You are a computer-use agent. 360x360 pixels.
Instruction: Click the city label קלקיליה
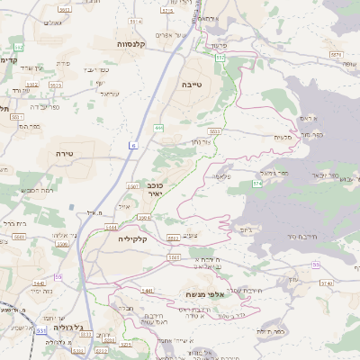pyautogui.click(x=131, y=239)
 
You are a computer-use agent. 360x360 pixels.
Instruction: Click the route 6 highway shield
pyautogui.click(x=133, y=144)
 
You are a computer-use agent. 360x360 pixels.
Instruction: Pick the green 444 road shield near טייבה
pyautogui.click(x=158, y=128)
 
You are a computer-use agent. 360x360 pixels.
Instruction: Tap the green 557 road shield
pyautogui.click(x=220, y=57)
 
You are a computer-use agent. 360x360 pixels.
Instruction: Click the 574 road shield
pyautogui.click(x=256, y=183)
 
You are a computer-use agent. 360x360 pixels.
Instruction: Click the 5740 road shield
pyautogui.click(x=326, y=283)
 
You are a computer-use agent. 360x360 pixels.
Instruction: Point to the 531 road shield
pyautogui.click(x=41, y=330)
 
